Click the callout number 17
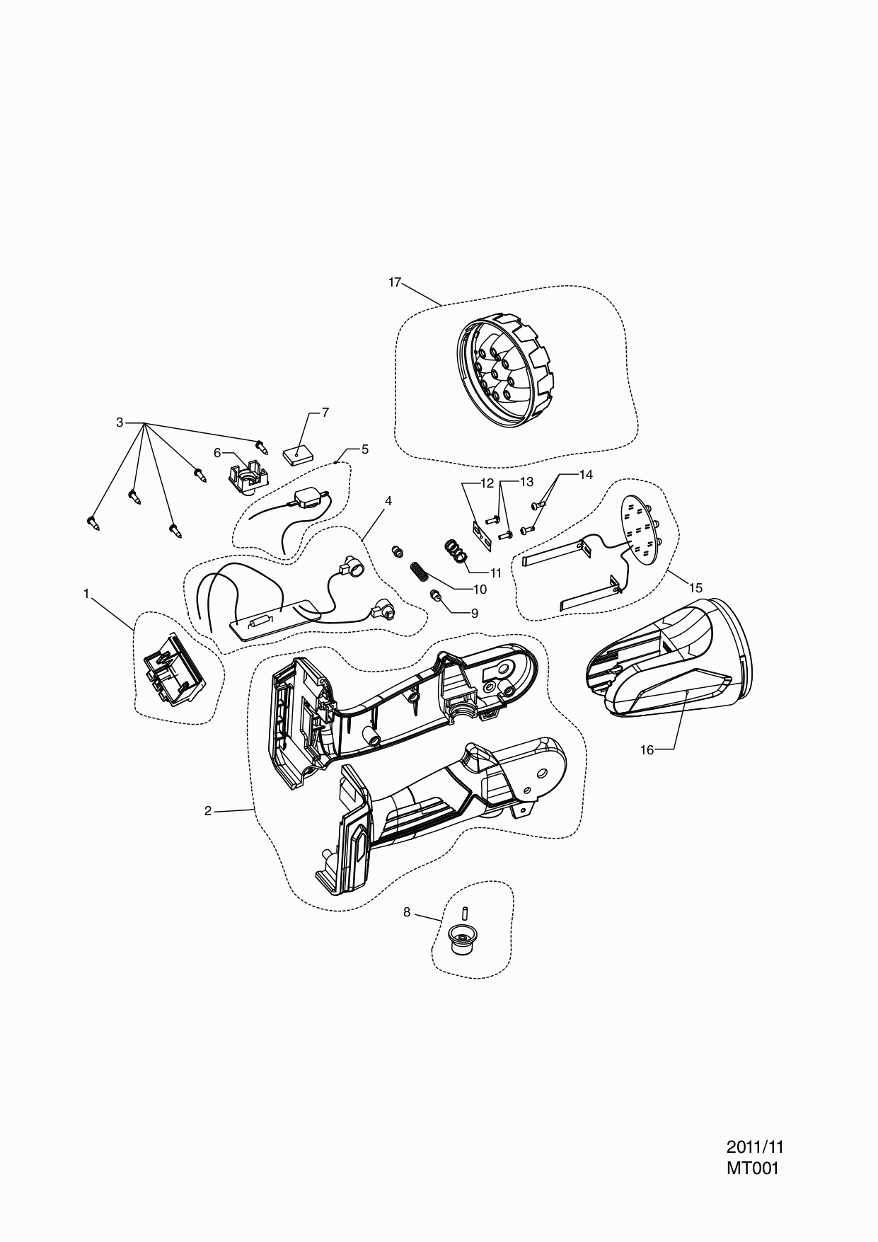click(395, 282)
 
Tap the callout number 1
click(86, 594)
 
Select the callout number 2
click(208, 811)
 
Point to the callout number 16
click(647, 750)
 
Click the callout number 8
click(407, 912)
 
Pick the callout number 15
click(695, 587)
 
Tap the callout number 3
click(120, 422)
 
